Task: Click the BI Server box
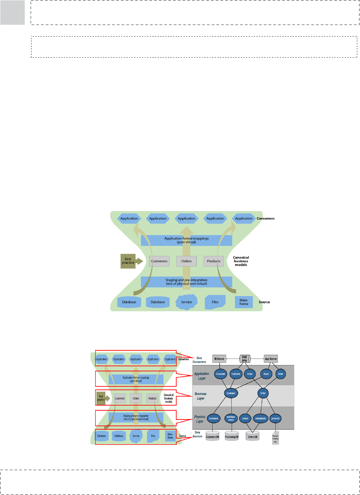[219, 359]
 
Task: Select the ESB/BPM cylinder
[245, 359]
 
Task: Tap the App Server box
[271, 359]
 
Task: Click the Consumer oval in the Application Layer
[220, 374]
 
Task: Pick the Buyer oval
[266, 374]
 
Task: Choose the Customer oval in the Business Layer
[231, 393]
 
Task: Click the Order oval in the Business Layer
[263, 393]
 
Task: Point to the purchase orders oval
[231, 418]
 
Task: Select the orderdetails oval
[260, 418]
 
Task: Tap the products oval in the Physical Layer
[276, 418]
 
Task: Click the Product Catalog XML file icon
[276, 438]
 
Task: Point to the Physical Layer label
[200, 419]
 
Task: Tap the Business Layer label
[200, 396]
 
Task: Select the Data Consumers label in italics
[199, 360]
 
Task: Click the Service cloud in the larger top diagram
[186, 302]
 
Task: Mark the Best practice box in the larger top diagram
[128, 261]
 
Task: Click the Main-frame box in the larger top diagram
[244, 302]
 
